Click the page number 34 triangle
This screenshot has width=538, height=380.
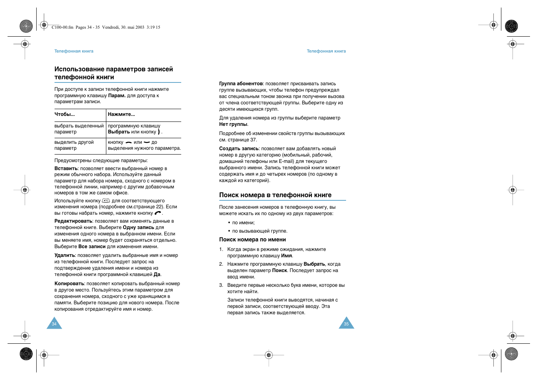(x=54, y=324)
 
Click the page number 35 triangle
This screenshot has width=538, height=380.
(x=346, y=324)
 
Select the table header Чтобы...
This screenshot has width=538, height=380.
(x=65, y=114)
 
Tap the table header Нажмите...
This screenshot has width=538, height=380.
(x=121, y=114)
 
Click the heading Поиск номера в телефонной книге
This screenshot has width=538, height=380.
(x=275, y=195)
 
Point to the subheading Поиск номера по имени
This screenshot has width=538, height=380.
(x=252, y=240)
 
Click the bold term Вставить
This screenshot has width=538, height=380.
(x=66, y=168)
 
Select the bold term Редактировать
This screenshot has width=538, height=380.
(x=73, y=221)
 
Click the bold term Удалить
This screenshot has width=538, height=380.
(x=65, y=255)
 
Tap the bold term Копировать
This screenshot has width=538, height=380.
(x=69, y=284)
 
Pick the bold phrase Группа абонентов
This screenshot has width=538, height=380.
(x=241, y=84)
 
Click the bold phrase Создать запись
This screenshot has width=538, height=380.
(x=239, y=149)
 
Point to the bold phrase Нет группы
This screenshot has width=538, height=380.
(x=233, y=124)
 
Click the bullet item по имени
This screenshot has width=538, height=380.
(x=243, y=223)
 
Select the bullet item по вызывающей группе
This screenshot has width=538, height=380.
(x=260, y=231)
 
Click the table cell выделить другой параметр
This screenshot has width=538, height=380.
(x=74, y=145)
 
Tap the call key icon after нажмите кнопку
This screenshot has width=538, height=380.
(x=158, y=213)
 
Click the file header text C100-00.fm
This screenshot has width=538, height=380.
(x=63, y=27)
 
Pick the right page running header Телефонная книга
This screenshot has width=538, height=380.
(x=326, y=51)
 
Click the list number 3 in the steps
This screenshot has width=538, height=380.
(x=221, y=285)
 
